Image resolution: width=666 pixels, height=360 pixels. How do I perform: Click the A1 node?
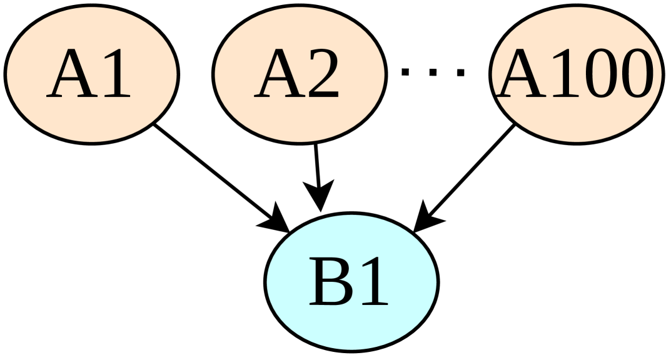(x=92, y=74)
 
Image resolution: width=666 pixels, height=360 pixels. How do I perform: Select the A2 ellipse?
(x=299, y=74)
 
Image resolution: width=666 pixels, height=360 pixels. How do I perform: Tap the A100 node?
(x=576, y=74)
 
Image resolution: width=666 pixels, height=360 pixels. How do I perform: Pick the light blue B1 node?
(x=351, y=281)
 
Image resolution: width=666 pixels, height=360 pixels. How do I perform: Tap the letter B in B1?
(x=330, y=282)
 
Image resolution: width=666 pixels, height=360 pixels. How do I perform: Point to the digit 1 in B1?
(x=373, y=282)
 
